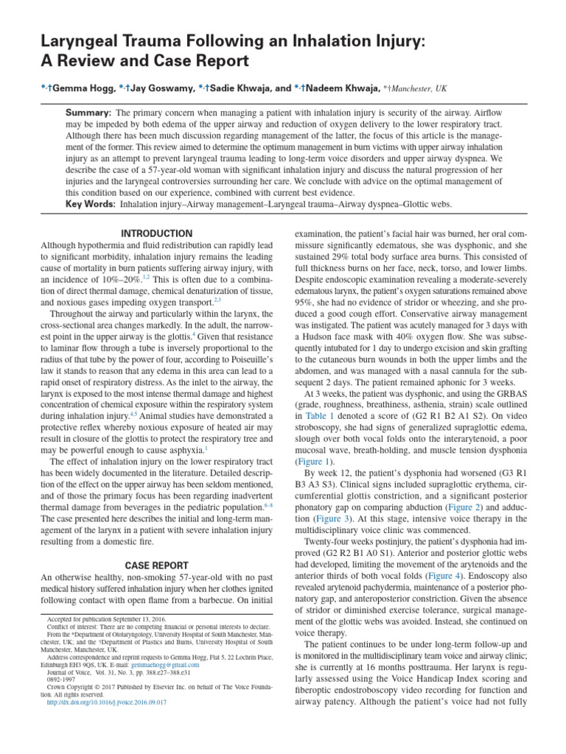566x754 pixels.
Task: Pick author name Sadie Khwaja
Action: click(240, 88)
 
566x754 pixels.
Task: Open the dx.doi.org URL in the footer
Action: click(106, 723)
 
